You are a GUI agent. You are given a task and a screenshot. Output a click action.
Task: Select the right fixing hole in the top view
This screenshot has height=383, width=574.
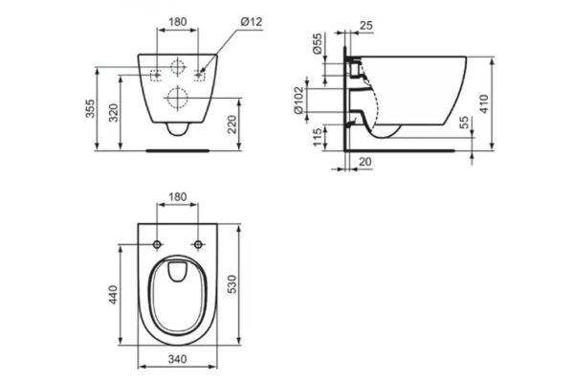(x=198, y=244)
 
